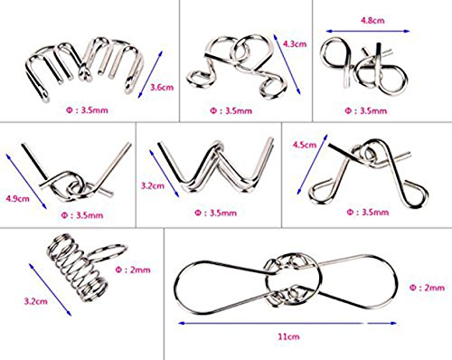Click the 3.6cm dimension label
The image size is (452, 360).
tap(162, 88)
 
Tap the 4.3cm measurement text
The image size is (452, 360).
tap(295, 44)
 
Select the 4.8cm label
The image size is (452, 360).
tap(372, 21)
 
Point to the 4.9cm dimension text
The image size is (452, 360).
tap(18, 199)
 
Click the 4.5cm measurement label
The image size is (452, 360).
tap(305, 145)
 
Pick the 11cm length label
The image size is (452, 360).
tap(288, 336)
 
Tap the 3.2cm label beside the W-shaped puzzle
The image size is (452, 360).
tap(153, 185)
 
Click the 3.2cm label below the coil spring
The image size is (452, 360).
tap(36, 301)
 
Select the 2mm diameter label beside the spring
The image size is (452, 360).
tap(133, 270)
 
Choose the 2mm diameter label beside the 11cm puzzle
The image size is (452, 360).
tap(427, 288)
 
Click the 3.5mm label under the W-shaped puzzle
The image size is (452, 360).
tap(215, 213)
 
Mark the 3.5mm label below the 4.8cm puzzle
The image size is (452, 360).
tap(365, 110)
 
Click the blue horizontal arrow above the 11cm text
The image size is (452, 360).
tap(287, 323)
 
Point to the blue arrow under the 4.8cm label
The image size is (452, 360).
tap(368, 31)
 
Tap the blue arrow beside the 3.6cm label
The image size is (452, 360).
tap(150, 74)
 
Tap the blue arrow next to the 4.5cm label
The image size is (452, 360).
tap(312, 164)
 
